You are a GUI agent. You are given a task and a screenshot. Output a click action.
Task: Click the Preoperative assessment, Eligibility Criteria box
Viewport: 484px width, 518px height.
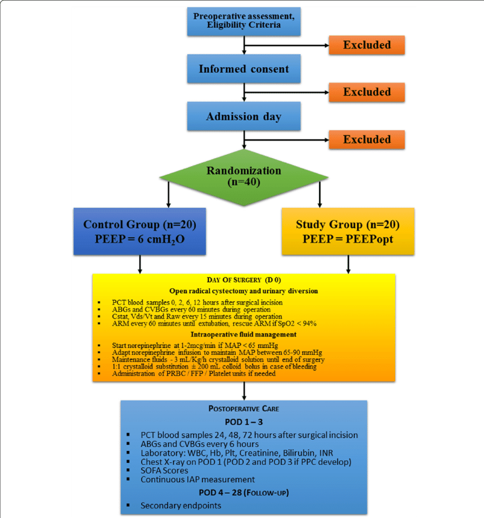(244, 20)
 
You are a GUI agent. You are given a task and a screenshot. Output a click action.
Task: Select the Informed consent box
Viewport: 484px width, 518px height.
(244, 69)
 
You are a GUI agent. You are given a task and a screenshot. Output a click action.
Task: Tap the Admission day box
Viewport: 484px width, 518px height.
(244, 117)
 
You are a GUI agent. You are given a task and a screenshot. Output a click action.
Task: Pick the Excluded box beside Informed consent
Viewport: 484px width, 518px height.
(367, 92)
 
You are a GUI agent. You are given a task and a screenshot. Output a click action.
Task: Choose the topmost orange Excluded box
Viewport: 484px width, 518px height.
(367, 45)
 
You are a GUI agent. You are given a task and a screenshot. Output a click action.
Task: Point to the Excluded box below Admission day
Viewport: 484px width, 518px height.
(367, 139)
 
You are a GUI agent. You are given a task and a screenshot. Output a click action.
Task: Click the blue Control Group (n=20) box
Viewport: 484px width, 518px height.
(140, 231)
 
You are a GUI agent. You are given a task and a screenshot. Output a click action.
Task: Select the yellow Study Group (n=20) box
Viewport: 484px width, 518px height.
(348, 231)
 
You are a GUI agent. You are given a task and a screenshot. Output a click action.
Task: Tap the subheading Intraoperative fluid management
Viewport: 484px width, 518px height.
(244, 334)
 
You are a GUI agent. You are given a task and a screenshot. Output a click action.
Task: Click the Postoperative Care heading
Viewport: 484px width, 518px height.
(244, 409)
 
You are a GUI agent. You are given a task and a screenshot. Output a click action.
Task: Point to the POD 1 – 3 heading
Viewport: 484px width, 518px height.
(244, 422)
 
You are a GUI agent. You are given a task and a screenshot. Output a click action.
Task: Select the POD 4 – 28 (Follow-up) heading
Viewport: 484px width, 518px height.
(244, 492)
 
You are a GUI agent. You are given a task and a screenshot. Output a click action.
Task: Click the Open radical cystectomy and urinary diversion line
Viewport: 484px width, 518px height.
(244, 291)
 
